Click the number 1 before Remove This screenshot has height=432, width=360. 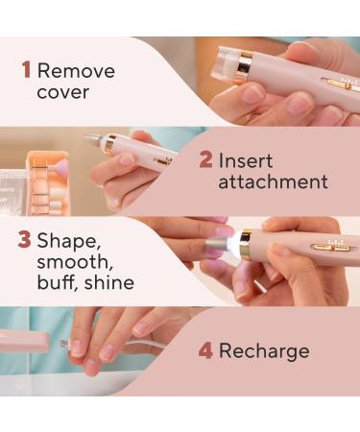click(25, 71)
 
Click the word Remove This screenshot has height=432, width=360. click(76, 71)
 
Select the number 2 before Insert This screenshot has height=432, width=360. click(204, 159)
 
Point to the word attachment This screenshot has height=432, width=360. click(273, 182)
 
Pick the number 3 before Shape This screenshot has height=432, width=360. click(24, 236)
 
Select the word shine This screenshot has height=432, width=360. click(107, 283)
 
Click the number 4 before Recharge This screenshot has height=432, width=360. click(204, 351)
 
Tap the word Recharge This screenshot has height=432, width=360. click(264, 351)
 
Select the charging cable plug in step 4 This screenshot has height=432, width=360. click(65, 343)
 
